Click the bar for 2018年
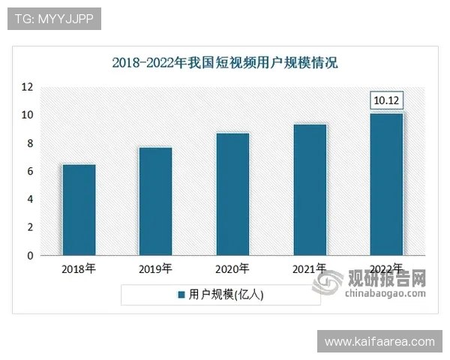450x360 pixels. [x=79, y=210]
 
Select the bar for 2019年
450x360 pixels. [x=156, y=201]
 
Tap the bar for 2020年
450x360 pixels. [x=232, y=194]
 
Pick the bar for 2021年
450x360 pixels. [x=310, y=190]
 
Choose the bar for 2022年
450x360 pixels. [x=386, y=184]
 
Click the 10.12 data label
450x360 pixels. [x=387, y=100]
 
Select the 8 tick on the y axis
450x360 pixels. [x=29, y=143]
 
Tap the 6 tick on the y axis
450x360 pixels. [x=29, y=171]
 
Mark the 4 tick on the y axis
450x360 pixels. [x=29, y=199]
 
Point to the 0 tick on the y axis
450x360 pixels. [x=29, y=256]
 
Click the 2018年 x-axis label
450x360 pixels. [x=79, y=268]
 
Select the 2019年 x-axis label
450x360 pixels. [x=156, y=268]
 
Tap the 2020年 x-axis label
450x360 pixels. [x=232, y=268]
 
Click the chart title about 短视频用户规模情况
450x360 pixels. [x=225, y=62]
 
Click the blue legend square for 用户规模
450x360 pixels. [x=181, y=295]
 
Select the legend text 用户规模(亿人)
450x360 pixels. [x=226, y=295]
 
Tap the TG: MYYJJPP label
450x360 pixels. [x=54, y=19]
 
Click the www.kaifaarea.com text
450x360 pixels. [x=379, y=341]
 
